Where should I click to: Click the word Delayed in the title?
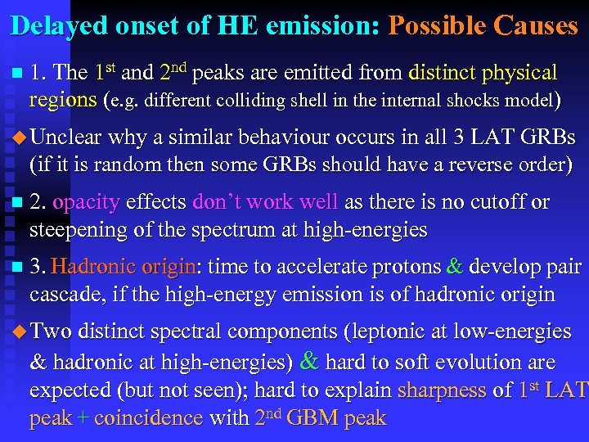58,25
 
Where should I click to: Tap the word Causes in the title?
536,25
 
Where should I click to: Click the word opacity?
86,202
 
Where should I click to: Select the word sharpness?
441,390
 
